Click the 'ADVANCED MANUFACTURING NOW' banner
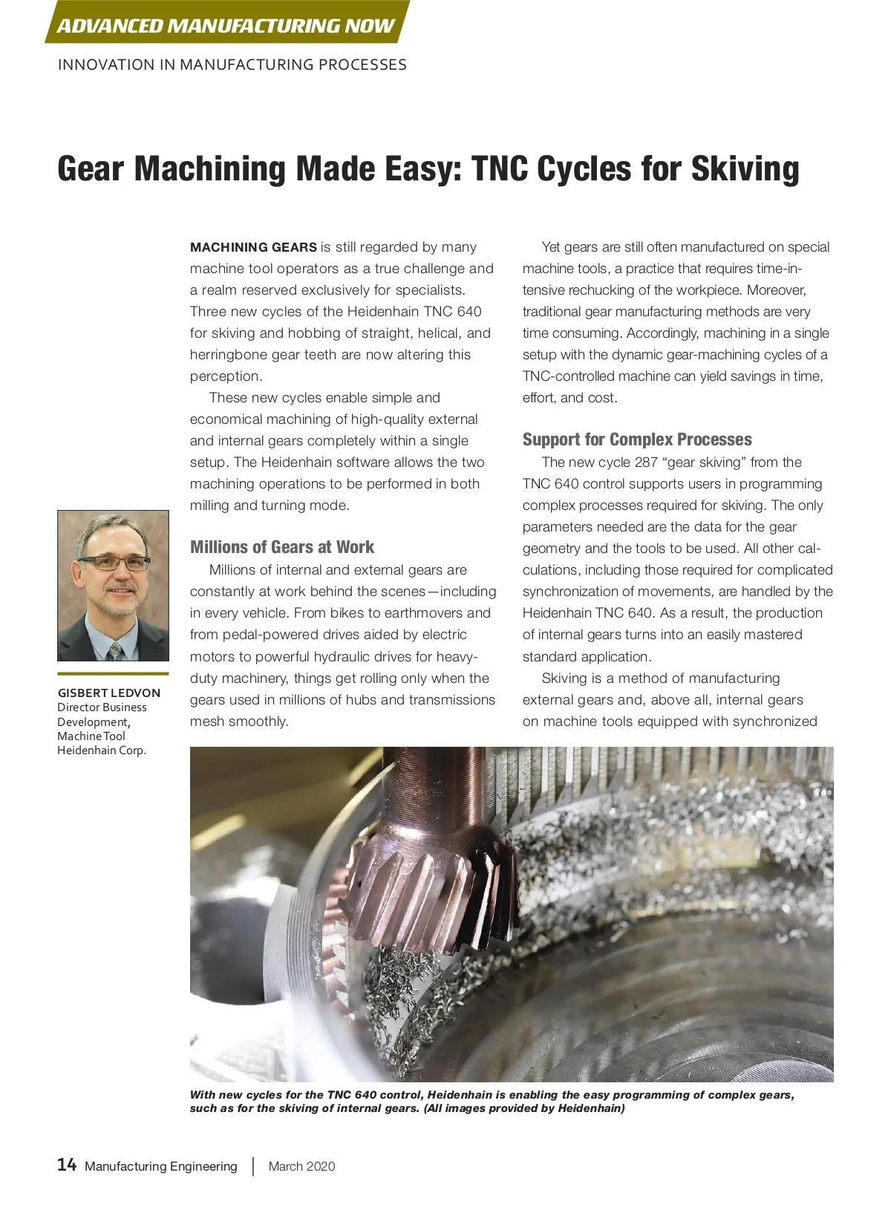point(226,26)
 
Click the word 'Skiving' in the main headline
point(745,169)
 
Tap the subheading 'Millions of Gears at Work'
point(282,547)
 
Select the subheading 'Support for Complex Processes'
point(637,439)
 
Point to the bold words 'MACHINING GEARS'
point(253,247)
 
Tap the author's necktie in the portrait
point(115,651)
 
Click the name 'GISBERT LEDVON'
point(109,693)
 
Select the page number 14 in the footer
point(67,1165)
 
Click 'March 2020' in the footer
point(301,1166)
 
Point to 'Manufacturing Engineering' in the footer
point(161,1166)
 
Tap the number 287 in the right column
point(646,462)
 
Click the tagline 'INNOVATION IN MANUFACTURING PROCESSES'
point(232,65)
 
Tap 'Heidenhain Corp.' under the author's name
point(102,750)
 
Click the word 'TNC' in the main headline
point(499,169)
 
